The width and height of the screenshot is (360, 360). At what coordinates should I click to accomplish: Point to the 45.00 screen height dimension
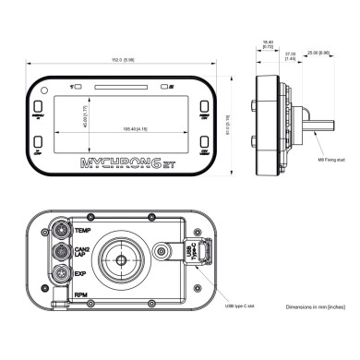click(x=86, y=116)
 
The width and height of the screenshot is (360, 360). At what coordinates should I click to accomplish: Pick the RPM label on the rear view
click(x=80, y=295)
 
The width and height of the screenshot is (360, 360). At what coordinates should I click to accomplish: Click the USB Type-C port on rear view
click(x=205, y=252)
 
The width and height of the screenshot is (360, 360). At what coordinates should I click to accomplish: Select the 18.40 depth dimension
click(x=269, y=43)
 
